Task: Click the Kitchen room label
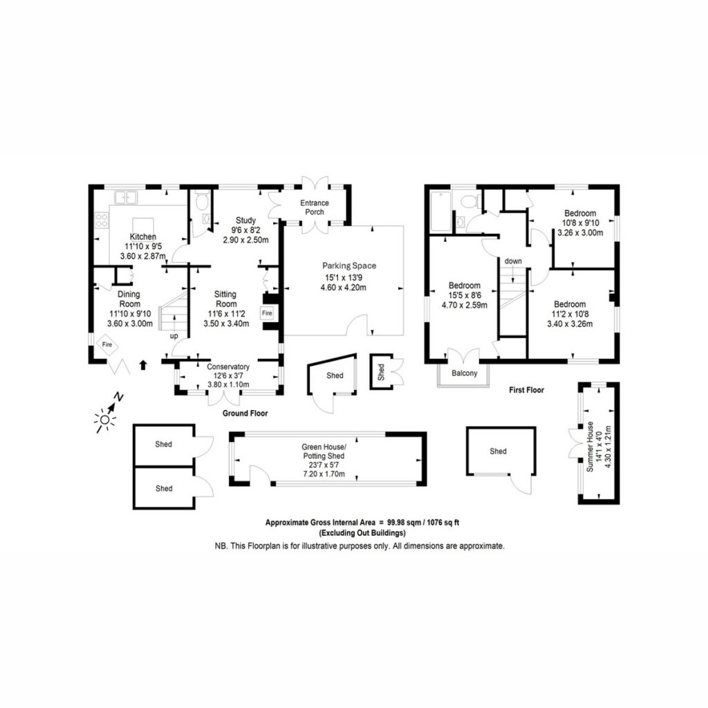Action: pyautogui.click(x=143, y=236)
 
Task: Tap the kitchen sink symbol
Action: pyautogui.click(x=126, y=197)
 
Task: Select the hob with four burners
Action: pyautogui.click(x=102, y=220)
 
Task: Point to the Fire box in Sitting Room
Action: pyautogui.click(x=268, y=313)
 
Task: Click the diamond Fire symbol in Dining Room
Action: pyautogui.click(x=106, y=344)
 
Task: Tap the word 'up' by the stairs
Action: pyautogui.click(x=174, y=336)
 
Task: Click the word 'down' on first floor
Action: pyautogui.click(x=513, y=261)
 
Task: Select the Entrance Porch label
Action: pyautogui.click(x=315, y=207)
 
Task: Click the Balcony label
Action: pyautogui.click(x=464, y=373)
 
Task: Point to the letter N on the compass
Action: pyautogui.click(x=118, y=398)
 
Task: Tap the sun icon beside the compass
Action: pyautogui.click(x=104, y=420)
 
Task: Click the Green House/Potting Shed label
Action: pyautogui.click(x=324, y=451)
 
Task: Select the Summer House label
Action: pyautogui.click(x=590, y=447)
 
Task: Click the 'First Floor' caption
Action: pyautogui.click(x=526, y=390)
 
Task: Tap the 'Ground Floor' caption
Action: pyautogui.click(x=245, y=413)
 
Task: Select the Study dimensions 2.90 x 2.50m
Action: pyautogui.click(x=245, y=240)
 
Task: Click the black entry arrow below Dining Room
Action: pyautogui.click(x=143, y=365)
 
